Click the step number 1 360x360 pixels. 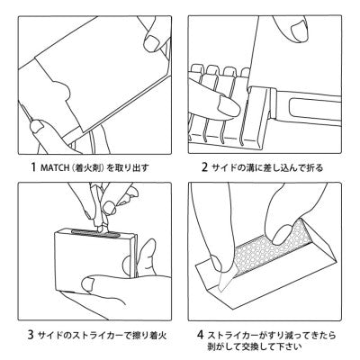(33, 166)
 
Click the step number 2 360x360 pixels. (204, 166)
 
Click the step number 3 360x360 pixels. (31, 335)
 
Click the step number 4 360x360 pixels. (201, 335)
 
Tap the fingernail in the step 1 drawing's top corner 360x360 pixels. (152, 43)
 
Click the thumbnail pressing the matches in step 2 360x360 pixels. (229, 105)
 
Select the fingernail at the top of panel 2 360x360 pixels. (298, 29)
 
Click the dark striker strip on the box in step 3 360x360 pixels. (96, 233)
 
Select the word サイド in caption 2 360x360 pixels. (224, 167)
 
